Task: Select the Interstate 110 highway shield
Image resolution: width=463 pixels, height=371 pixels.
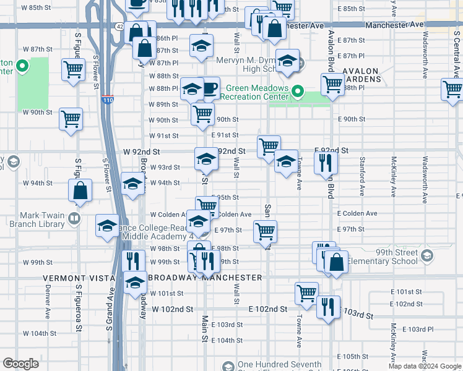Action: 108,99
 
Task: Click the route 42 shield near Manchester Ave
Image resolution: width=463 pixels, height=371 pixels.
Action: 119,27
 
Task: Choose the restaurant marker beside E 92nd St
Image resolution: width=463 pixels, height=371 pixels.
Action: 325,164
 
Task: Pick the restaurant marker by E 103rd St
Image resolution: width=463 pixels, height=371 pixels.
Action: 328,307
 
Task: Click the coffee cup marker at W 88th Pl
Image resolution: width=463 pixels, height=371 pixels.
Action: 209,87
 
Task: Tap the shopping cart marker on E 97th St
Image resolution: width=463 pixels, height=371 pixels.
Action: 265,232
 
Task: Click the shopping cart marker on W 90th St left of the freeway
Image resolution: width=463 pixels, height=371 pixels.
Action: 71,118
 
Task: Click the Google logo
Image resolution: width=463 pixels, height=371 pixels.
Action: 21,364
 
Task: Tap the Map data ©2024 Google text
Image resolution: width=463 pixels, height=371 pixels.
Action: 424,366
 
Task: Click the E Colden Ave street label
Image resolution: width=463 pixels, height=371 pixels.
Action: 357,213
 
